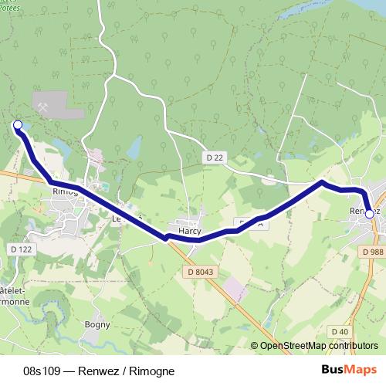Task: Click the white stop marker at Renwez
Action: tap(369, 214)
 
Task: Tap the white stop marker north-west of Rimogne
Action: tap(18, 124)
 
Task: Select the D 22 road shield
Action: tap(215, 157)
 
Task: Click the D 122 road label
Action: tap(22, 249)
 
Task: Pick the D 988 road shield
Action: tap(372, 251)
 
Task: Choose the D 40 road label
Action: tap(339, 331)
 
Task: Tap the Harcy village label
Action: tap(190, 230)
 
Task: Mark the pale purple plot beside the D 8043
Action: tap(235, 289)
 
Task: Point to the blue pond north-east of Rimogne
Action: tap(135, 145)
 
